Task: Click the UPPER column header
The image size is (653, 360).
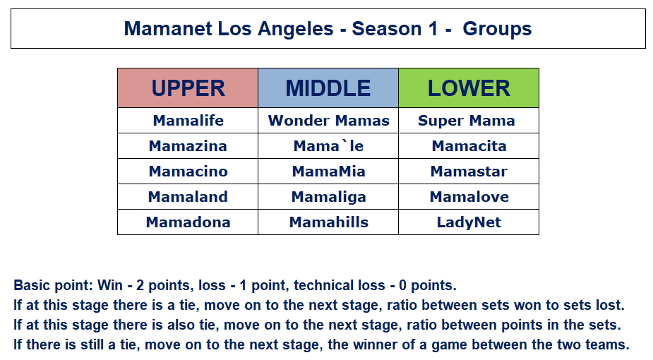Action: point(188,88)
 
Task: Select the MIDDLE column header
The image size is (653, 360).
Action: point(328,88)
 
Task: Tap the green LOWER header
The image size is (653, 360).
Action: point(469,88)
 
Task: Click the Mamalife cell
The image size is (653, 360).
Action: point(188,121)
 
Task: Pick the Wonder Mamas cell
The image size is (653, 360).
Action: point(328,121)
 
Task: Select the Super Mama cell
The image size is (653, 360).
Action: point(469,121)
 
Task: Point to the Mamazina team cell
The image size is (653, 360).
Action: point(188,146)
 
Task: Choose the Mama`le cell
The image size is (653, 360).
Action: point(328,146)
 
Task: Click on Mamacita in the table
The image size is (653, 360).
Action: point(469,146)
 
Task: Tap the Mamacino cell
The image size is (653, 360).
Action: point(188,172)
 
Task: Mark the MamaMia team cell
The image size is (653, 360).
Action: point(328,172)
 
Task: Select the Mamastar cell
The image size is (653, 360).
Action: point(469,172)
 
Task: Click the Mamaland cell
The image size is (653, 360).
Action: point(188,197)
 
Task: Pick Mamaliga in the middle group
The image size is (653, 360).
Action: point(328,197)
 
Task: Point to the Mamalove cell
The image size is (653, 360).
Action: point(469,197)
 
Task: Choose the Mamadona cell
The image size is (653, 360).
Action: point(188,222)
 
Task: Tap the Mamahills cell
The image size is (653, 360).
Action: point(328,222)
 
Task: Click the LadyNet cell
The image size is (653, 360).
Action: point(469,222)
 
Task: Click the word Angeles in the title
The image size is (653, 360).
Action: point(295,30)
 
